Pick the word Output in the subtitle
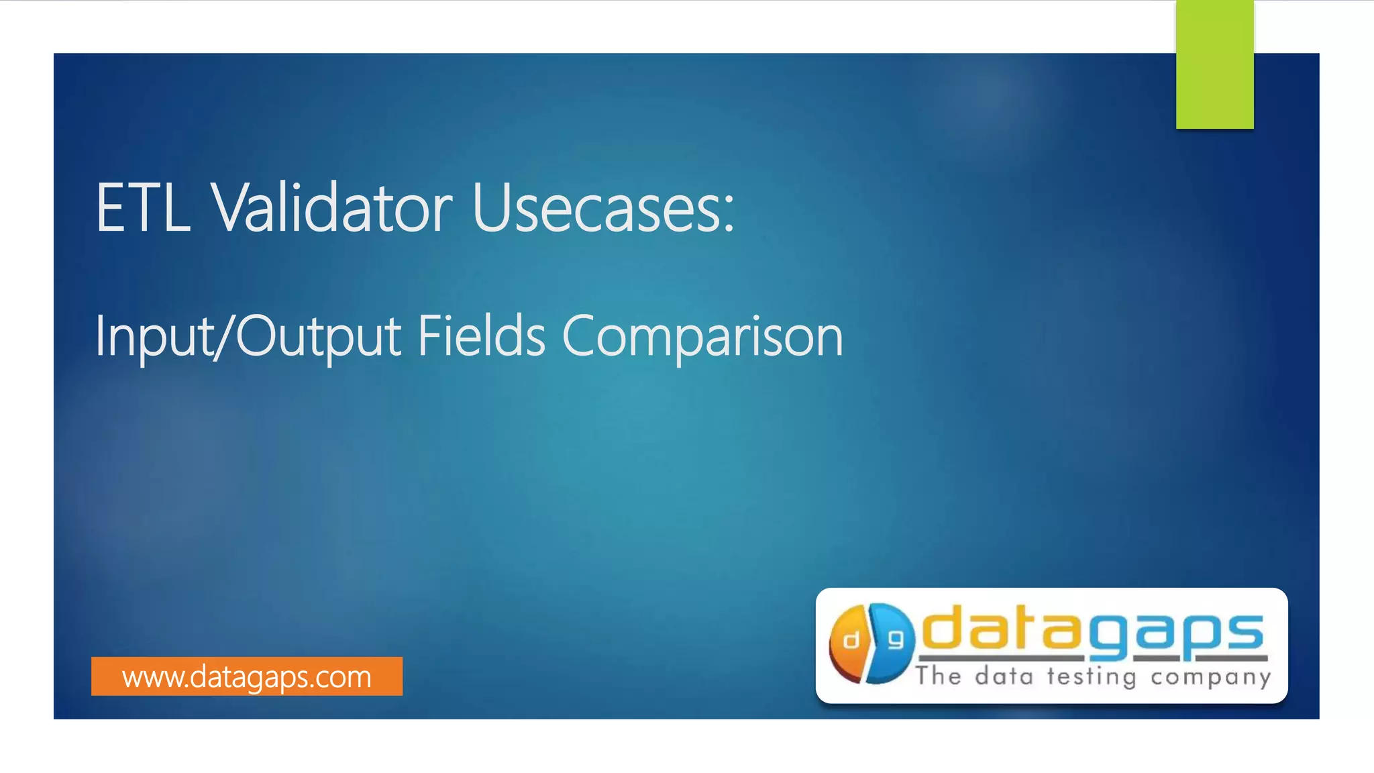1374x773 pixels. click(x=318, y=337)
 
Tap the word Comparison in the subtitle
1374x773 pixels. click(x=702, y=337)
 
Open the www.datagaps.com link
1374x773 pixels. click(x=246, y=676)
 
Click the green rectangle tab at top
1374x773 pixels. click(x=1214, y=64)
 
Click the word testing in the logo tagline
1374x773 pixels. click(x=1092, y=676)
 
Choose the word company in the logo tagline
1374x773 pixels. click(x=1210, y=677)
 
